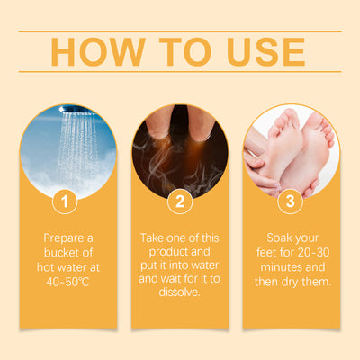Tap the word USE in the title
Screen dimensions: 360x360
266,51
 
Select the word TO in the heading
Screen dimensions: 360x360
185,51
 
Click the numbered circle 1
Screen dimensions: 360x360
65,202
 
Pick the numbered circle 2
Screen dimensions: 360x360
180,202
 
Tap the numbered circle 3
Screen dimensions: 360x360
291,202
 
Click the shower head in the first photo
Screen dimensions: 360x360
76,111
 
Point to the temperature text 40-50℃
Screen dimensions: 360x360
67,282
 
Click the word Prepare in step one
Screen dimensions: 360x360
64,238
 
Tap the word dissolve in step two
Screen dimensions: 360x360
179,292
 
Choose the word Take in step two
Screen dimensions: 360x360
151,238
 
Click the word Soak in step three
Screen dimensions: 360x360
279,238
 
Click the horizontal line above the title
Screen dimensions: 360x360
180,31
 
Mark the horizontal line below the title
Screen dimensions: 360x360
180,72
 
